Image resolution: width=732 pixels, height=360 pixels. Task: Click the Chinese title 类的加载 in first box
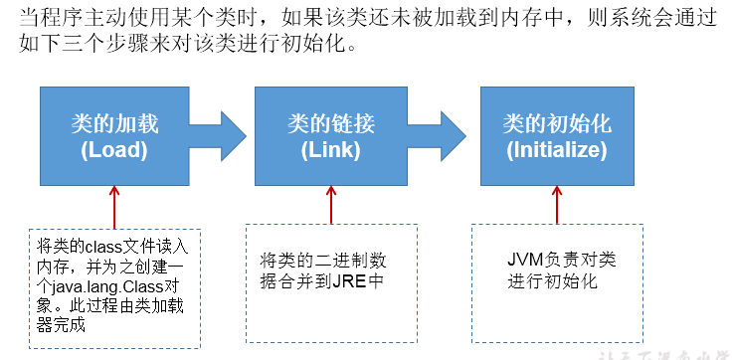pyautogui.click(x=115, y=122)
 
